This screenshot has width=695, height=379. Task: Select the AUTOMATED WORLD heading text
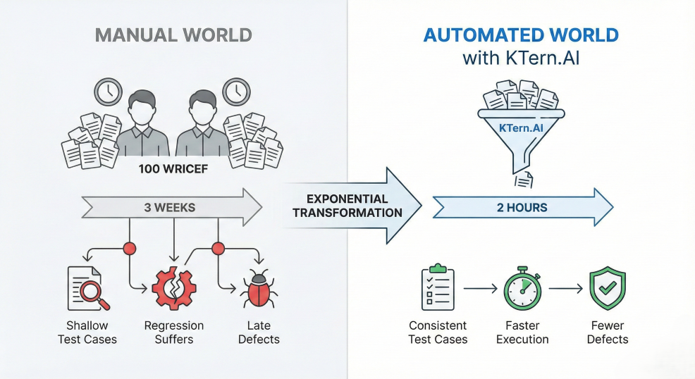522,35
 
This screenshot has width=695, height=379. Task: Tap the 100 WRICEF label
173,170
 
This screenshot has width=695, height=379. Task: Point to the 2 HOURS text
522,207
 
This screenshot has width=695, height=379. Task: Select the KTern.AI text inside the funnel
522,128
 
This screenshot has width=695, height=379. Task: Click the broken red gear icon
174,288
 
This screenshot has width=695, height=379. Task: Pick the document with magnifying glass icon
87,288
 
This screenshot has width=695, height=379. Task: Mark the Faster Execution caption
522,333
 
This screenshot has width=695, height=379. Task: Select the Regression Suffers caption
174,333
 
